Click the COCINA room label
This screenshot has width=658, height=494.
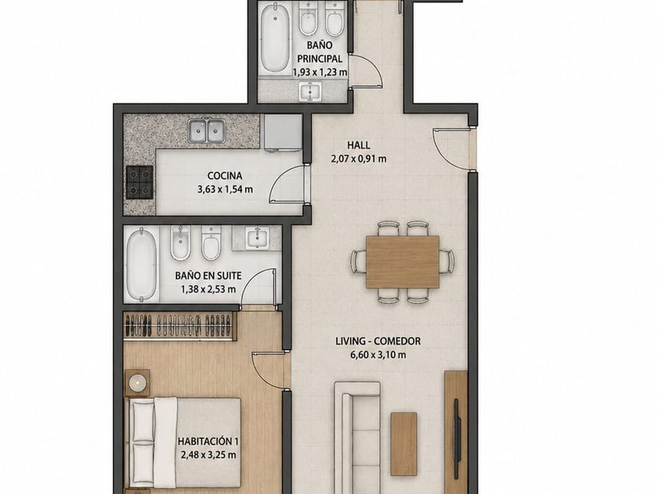coord(225,176)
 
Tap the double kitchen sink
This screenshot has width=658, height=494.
coord(206,130)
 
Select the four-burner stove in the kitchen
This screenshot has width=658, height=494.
coord(139,182)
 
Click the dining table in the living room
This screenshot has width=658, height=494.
coord(403,262)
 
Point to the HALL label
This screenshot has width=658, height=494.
coord(359,145)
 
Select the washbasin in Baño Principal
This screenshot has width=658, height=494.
coord(310,91)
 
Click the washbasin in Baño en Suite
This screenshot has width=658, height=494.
coord(256,238)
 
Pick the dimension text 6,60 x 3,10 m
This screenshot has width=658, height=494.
coord(378,354)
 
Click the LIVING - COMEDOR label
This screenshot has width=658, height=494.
coord(378,341)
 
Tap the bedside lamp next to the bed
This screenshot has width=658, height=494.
coord(137,383)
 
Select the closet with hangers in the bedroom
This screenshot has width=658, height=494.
coord(180,325)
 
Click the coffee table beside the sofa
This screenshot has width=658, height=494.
coord(403,444)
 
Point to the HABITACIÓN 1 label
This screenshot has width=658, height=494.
coord(208,441)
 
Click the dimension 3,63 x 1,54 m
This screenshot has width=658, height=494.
coord(225,190)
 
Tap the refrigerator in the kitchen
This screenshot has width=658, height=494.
coord(283,133)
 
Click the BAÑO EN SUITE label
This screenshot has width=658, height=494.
coord(208,276)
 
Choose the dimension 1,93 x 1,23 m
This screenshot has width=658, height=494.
coord(320,72)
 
